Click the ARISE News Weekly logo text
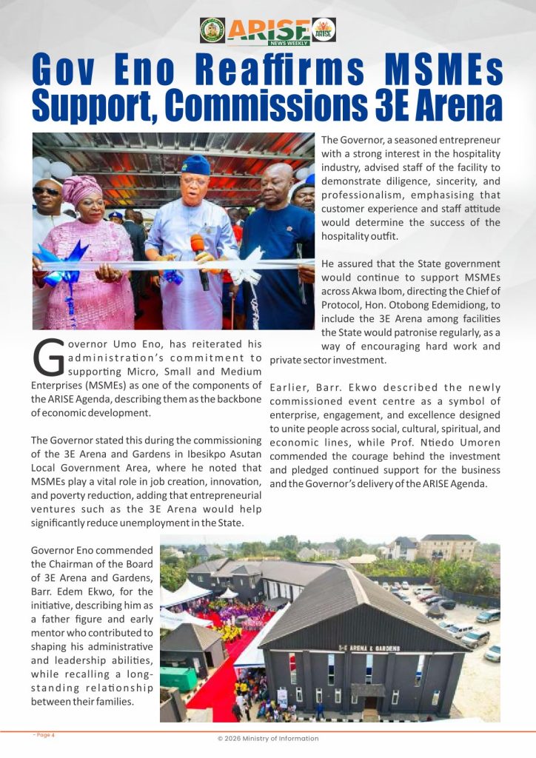click(268, 30)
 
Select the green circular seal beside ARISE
click(212, 30)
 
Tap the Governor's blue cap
click(195, 164)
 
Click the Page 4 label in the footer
click(44, 735)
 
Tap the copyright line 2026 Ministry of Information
click(267, 739)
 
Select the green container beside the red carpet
click(178, 678)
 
